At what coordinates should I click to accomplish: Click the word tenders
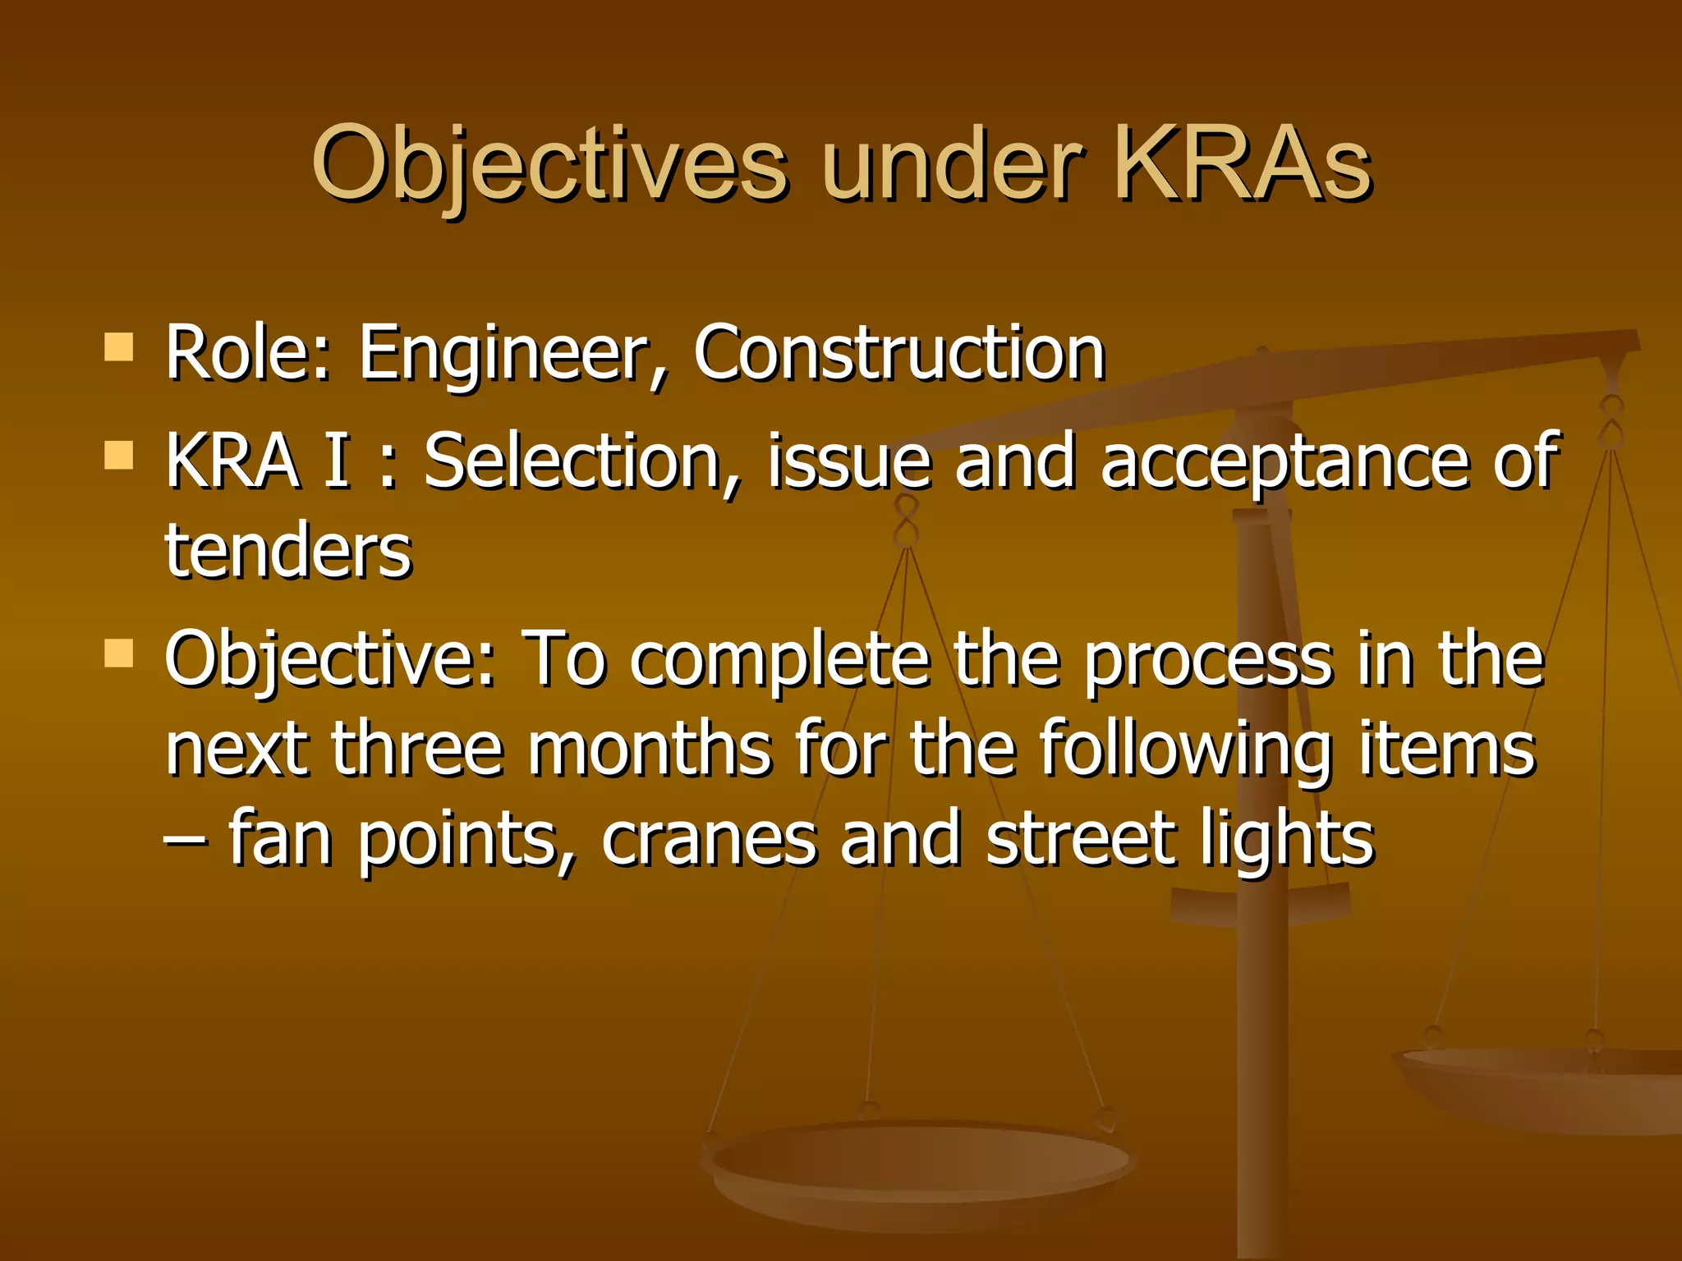tap(287, 552)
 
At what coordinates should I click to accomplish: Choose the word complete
tap(780, 661)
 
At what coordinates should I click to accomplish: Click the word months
tap(650, 749)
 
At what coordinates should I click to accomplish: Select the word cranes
tap(709, 839)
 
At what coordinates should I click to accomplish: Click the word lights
tap(1286, 839)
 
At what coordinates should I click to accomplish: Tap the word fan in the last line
tap(280, 839)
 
